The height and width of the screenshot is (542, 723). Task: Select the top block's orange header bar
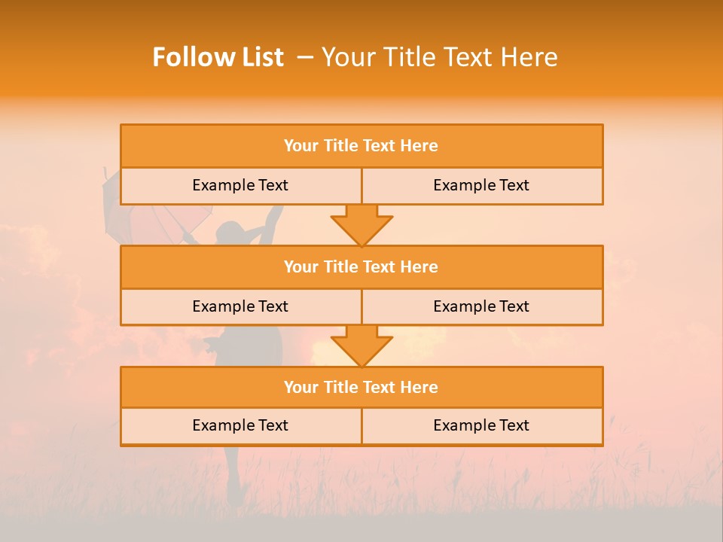tap(361, 146)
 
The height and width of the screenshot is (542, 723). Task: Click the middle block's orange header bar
tap(361, 267)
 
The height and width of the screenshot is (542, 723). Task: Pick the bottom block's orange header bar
tap(361, 388)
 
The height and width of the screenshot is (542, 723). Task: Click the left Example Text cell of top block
tap(240, 185)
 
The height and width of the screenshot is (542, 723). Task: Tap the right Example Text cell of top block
tap(481, 185)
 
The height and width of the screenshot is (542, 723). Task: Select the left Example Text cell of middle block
tap(240, 306)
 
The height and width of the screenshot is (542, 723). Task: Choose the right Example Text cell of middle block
tap(481, 306)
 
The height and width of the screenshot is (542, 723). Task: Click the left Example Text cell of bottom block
tap(240, 425)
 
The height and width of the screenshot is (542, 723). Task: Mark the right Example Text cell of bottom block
tap(481, 425)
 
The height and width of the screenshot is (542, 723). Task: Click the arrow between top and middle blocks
tap(361, 224)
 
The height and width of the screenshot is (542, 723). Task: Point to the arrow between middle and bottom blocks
tap(361, 345)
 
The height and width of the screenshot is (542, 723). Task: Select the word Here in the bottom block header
tap(419, 388)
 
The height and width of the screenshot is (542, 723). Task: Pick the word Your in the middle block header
tap(301, 267)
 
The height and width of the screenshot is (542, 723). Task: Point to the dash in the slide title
tap(305, 57)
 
